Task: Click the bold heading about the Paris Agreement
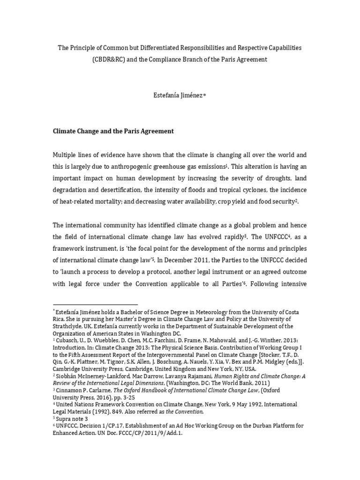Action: point(112,131)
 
